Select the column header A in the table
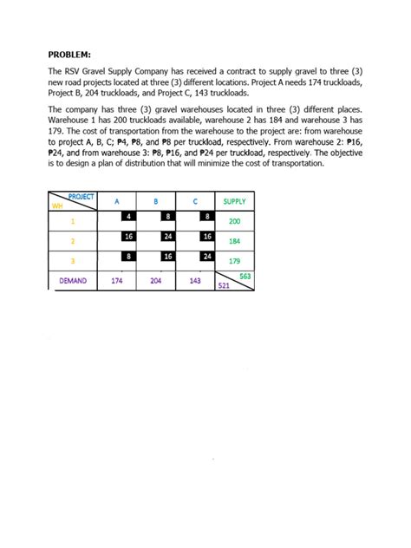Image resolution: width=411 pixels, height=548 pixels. (116, 201)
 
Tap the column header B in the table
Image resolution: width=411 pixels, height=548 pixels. (155, 201)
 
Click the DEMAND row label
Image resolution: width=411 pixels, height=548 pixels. (73, 281)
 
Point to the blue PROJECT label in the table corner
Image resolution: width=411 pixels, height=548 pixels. (81, 198)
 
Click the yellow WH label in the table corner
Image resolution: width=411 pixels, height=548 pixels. (58, 206)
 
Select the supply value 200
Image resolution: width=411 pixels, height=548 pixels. (233, 221)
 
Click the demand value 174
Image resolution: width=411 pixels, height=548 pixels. (116, 281)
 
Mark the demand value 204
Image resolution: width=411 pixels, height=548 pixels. (155, 281)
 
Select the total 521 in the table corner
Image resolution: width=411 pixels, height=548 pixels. (223, 285)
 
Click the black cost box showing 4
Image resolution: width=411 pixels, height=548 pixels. (128, 216)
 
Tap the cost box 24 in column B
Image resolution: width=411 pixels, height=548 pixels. (168, 236)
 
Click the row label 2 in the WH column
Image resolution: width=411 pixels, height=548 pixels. (73, 241)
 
